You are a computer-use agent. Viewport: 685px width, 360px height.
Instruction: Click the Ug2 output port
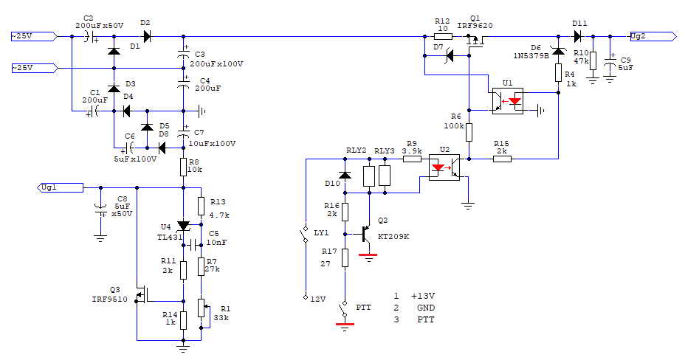(x=653, y=37)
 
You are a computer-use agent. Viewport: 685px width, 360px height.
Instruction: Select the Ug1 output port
(x=61, y=187)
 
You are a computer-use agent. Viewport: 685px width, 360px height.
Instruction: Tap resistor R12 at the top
(x=443, y=37)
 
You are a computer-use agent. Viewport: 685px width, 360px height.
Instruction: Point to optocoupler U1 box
(x=508, y=101)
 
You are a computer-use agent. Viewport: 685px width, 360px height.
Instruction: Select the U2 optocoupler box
(x=444, y=167)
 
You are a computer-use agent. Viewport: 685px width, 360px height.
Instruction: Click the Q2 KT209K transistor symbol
(x=365, y=234)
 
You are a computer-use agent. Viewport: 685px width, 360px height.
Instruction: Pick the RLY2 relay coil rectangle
(x=369, y=176)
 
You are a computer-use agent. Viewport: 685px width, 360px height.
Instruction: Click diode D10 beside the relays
(x=345, y=176)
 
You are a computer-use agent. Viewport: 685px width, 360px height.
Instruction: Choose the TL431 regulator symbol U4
(x=184, y=226)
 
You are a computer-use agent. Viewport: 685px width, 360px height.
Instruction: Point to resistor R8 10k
(x=184, y=166)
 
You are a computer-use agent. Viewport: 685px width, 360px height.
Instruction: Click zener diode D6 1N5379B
(x=558, y=51)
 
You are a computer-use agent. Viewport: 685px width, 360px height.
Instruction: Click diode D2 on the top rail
(x=147, y=37)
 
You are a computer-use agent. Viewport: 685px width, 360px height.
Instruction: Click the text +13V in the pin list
(x=423, y=296)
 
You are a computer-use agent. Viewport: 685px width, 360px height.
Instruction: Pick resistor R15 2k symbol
(x=503, y=159)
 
